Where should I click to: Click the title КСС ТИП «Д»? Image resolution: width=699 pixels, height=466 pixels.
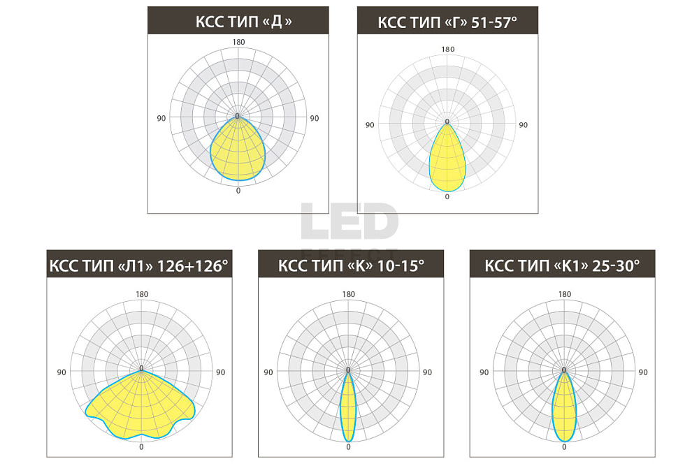[x=243, y=22]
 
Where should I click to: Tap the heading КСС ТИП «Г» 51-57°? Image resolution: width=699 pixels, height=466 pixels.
[x=447, y=22]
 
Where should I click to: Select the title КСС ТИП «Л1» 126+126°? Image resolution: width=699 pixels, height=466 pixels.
[x=138, y=265]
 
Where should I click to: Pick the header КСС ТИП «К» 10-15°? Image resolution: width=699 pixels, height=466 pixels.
[x=351, y=265]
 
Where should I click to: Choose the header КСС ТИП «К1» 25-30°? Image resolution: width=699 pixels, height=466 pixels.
[x=562, y=265]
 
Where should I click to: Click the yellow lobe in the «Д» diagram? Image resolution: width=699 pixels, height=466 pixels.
[x=238, y=152]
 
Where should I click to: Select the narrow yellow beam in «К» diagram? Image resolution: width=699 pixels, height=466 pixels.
[x=347, y=407]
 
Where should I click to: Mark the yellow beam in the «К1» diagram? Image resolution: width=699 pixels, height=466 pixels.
[x=564, y=407]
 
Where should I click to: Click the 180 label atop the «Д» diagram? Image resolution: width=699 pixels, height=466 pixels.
[x=238, y=42]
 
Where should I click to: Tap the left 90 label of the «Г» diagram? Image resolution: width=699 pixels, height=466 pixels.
[x=370, y=125]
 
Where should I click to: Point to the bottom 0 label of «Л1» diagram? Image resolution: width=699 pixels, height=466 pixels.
[x=141, y=447]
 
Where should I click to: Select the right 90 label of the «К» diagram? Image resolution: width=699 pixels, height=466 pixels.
[x=427, y=372]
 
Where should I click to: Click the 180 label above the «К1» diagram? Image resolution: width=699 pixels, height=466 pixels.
[x=564, y=294]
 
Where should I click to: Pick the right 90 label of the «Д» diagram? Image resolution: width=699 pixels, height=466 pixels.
[x=315, y=119]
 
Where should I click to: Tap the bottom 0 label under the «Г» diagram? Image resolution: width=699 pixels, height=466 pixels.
[x=447, y=197]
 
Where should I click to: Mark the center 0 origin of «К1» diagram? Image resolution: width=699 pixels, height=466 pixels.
[x=564, y=370]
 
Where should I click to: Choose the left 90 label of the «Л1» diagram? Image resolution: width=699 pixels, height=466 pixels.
[x=62, y=372]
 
